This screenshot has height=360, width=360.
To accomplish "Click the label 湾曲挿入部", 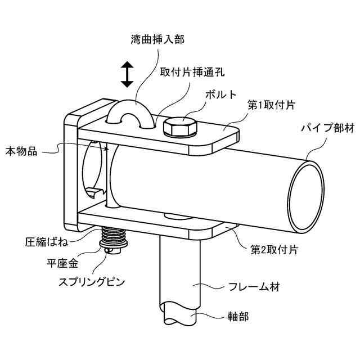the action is pyautogui.click(x=156, y=39).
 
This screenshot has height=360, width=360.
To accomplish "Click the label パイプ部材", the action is pyautogui.click(x=326, y=129).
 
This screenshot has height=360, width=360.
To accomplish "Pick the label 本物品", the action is pyautogui.click(x=21, y=151).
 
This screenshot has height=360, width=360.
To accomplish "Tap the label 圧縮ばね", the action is pyautogui.click(x=44, y=242).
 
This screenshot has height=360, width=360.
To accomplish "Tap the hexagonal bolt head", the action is pyautogui.click(x=179, y=127).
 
